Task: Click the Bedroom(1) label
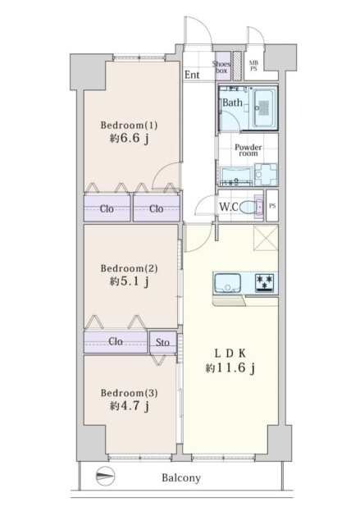tap(129, 125)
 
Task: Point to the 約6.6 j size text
tap(129, 139)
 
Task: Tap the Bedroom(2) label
tap(129, 267)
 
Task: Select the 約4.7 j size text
tap(129, 405)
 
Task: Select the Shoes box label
tap(221, 66)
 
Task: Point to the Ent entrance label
tap(193, 75)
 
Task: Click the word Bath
tap(232, 103)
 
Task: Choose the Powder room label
tap(248, 150)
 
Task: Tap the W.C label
tap(228, 206)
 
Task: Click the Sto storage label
tap(162, 342)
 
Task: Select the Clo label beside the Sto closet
tap(116, 342)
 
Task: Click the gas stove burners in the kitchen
tap(263, 283)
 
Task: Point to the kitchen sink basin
tap(226, 285)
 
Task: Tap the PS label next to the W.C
tap(272, 206)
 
